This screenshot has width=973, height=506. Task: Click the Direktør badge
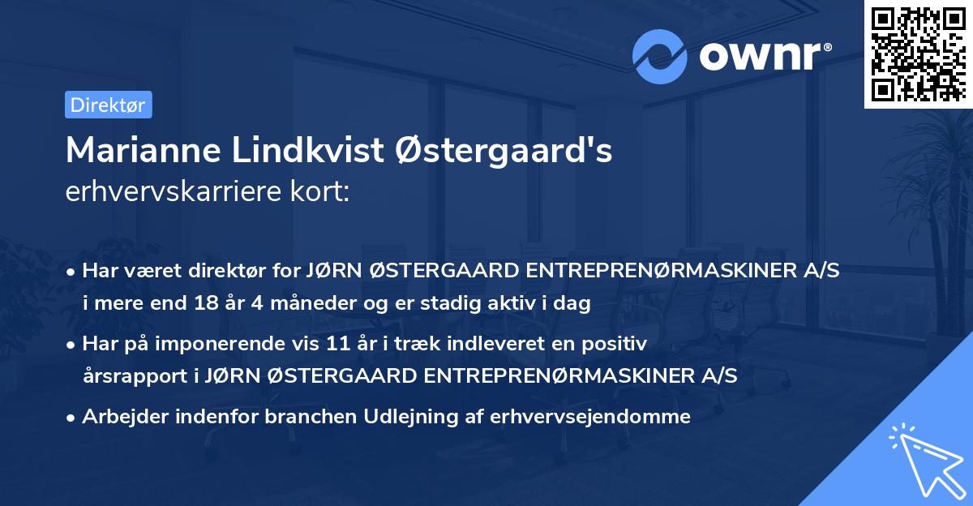tap(108, 105)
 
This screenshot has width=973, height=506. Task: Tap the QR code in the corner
tap(918, 54)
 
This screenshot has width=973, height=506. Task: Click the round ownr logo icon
tap(659, 56)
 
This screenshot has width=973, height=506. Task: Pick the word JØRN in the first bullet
tap(334, 272)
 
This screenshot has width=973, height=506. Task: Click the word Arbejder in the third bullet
tap(118, 417)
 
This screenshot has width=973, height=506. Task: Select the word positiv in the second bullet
tap(618, 345)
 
